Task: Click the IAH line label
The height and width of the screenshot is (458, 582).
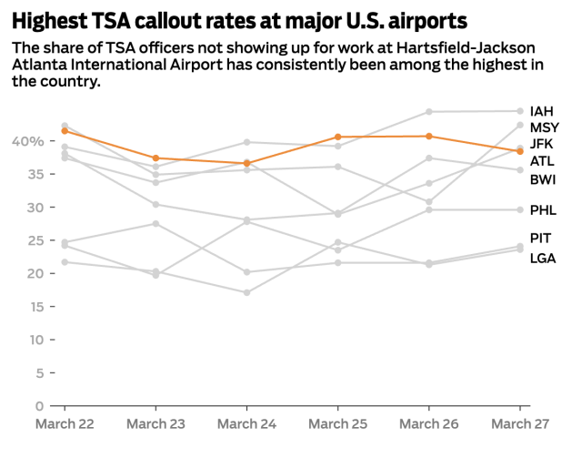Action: point(542,111)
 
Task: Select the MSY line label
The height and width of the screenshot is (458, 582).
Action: point(545,127)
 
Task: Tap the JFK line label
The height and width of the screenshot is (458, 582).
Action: point(543,145)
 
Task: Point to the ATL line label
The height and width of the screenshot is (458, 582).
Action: point(542,161)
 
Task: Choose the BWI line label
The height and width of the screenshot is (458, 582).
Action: point(543,179)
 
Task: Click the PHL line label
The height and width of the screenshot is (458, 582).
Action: point(543,210)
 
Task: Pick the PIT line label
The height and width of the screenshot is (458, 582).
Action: point(541,239)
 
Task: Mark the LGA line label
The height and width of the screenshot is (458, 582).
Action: point(543,258)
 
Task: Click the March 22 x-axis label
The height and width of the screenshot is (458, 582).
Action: point(65,423)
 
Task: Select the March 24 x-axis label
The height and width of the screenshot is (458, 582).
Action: point(246,423)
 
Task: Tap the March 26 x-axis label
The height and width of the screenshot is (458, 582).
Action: point(428,423)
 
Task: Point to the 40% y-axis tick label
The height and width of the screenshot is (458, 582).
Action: point(27,141)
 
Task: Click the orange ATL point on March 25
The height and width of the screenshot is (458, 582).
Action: point(337,137)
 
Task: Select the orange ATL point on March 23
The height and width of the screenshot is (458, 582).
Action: point(156,158)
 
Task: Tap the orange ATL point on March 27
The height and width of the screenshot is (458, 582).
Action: point(519,151)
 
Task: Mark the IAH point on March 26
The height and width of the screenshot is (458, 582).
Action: point(428,112)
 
